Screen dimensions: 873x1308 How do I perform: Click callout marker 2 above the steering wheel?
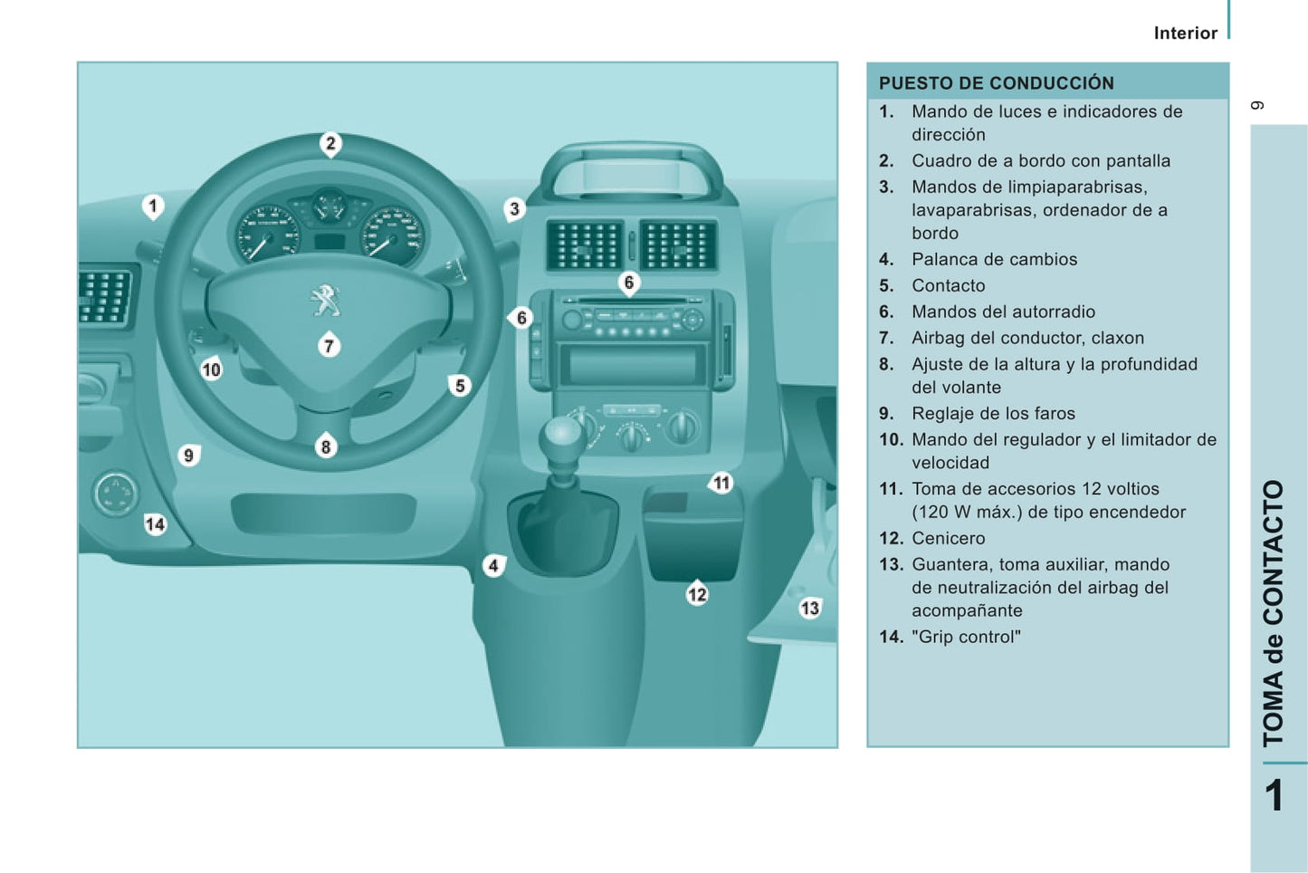tap(330, 143)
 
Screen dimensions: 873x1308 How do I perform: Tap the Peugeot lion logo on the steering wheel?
tap(324, 300)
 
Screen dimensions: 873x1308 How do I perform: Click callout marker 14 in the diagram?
tap(155, 524)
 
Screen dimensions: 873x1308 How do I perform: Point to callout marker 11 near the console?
tap(721, 483)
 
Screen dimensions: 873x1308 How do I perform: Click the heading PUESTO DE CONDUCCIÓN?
tap(996, 83)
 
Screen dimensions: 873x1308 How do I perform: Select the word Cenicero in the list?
tap(948, 538)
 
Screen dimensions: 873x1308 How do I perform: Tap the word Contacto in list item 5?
tap(948, 285)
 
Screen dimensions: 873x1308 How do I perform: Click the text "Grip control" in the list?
tap(966, 637)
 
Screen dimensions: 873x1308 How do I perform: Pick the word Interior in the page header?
tap(1185, 34)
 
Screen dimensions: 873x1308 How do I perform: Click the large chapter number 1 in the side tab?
tap(1274, 796)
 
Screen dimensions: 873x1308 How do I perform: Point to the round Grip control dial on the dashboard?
tap(115, 494)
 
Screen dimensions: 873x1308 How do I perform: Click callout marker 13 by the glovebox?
tap(809, 609)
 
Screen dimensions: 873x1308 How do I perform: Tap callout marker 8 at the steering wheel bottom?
tap(326, 446)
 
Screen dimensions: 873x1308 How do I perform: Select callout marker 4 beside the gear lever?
tap(493, 566)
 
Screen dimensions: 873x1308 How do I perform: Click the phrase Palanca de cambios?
tap(994, 259)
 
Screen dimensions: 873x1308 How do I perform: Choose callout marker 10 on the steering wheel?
tap(211, 369)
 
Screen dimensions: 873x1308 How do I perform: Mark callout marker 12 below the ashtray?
tap(696, 594)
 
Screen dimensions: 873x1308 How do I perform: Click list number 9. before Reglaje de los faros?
tap(886, 414)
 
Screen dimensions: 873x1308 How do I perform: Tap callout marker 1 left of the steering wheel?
tap(153, 206)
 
